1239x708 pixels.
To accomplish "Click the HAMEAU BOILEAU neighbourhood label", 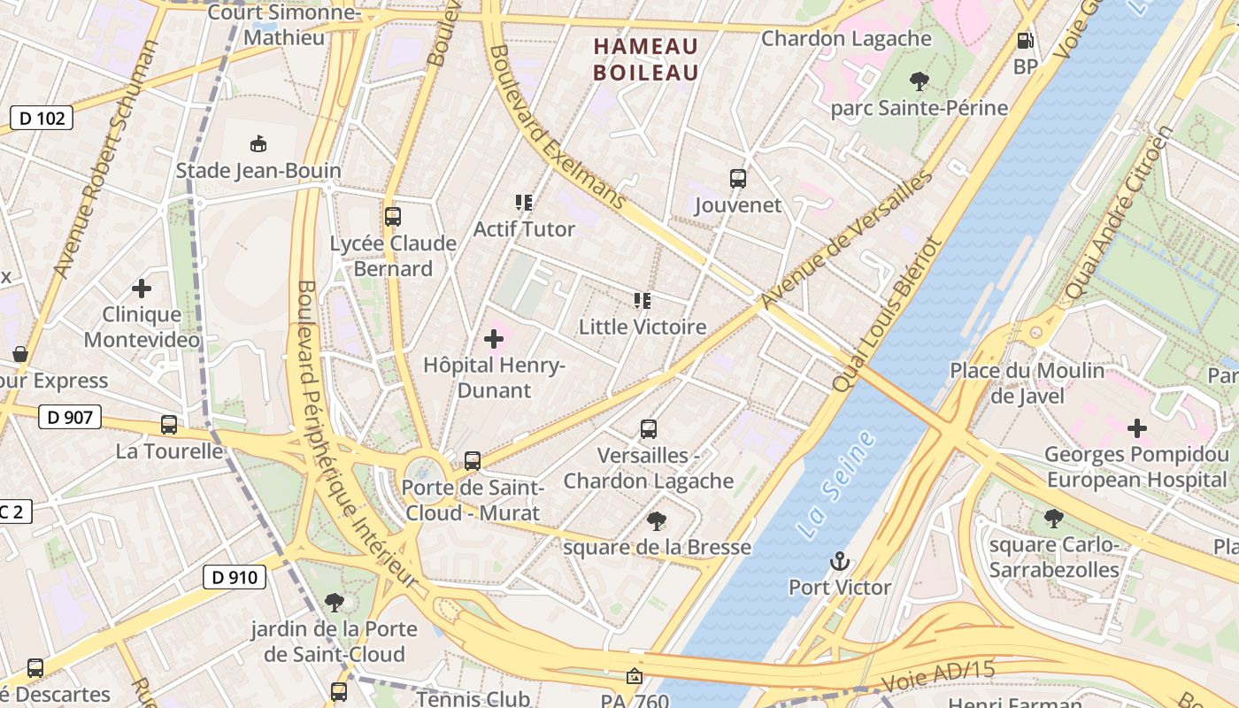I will (646, 59).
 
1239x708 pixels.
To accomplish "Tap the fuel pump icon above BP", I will (1025, 41).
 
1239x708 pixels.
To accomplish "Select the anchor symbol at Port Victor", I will (838, 561).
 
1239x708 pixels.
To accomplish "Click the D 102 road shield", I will (41, 118).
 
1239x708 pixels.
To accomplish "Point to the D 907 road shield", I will (70, 417).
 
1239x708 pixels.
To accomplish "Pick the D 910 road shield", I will (235, 578).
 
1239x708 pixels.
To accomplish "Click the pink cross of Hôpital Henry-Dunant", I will (494, 339).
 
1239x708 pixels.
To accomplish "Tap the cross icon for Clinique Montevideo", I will (142, 289).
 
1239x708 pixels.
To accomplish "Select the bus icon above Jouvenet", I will (738, 179).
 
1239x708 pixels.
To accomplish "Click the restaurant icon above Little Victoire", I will (643, 301).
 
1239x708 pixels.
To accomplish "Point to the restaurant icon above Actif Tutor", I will (524, 203).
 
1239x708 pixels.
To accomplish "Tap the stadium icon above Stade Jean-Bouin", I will (258, 143).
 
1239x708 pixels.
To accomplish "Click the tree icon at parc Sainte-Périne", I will (920, 81).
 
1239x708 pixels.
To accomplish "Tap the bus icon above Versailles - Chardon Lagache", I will (649, 429).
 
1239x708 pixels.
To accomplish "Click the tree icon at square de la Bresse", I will (657, 520).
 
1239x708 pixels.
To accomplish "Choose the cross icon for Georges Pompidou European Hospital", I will (1137, 428).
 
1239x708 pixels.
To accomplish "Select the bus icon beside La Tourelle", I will (169, 425).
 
